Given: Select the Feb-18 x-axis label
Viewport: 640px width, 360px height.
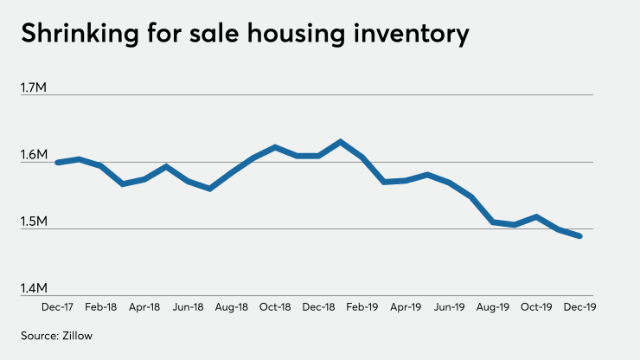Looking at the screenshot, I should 101,306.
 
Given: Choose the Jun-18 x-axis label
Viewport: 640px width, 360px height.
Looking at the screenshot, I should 188,306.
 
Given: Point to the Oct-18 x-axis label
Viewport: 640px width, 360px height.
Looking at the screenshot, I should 274,306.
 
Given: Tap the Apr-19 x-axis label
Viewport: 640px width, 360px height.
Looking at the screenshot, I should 405,306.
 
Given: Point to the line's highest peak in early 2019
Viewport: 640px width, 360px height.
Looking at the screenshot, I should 340,141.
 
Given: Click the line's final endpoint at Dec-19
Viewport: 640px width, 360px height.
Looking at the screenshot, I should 579,236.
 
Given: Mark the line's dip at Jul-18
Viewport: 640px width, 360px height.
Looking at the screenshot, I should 209,188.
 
